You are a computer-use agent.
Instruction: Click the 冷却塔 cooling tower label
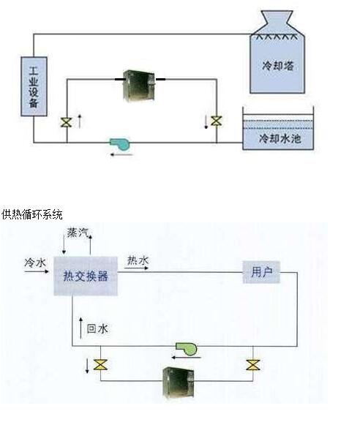(x=277, y=66)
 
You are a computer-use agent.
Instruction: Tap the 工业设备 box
(x=34, y=86)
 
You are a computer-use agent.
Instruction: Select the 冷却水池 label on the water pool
(x=280, y=138)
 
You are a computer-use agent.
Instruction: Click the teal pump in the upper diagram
(x=120, y=144)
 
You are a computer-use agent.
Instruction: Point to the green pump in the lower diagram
(x=187, y=349)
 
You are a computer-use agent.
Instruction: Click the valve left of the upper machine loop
(x=66, y=122)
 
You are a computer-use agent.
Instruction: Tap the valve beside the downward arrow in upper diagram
(x=216, y=121)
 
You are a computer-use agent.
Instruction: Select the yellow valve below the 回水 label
(x=100, y=365)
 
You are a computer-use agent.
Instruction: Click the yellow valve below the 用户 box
(x=253, y=365)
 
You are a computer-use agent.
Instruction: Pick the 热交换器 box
(x=86, y=276)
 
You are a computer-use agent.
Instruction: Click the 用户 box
(x=261, y=272)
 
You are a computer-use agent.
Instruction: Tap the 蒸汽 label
(x=78, y=233)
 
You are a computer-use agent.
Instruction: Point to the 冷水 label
(x=35, y=263)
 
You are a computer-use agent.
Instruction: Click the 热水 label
(x=138, y=260)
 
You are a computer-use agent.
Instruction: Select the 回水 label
(x=97, y=328)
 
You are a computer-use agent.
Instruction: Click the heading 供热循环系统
(x=31, y=214)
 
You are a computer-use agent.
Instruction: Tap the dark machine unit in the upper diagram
(x=139, y=86)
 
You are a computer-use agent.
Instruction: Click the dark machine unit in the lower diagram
(x=179, y=382)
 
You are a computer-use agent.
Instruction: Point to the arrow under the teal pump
(x=121, y=154)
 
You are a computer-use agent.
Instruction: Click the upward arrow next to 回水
(x=80, y=328)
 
